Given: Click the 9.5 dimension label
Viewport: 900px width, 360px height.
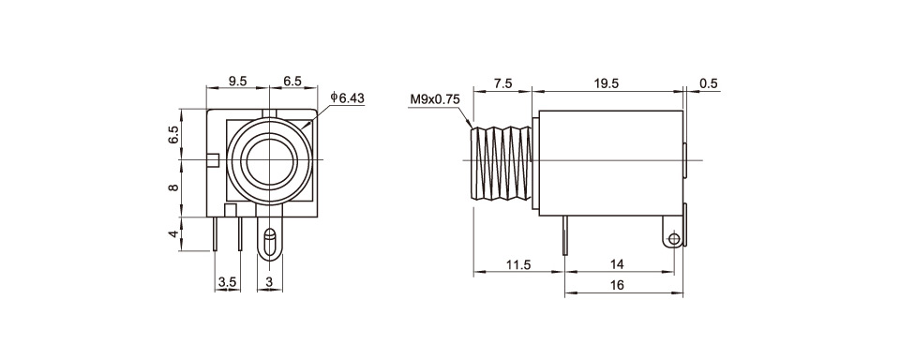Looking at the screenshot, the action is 237,81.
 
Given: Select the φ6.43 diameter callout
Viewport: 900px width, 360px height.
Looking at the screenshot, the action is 347,98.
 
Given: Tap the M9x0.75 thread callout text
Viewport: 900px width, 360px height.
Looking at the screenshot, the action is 435,99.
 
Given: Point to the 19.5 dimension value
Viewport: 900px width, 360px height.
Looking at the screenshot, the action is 607,83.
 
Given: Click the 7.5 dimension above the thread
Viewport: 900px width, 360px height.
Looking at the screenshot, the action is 502,83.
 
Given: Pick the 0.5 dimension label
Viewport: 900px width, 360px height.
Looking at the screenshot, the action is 709,83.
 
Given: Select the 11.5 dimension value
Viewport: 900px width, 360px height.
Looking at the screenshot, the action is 518,264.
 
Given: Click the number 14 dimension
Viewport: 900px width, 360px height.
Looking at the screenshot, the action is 617,264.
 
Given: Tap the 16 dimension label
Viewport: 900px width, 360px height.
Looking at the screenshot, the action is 618,285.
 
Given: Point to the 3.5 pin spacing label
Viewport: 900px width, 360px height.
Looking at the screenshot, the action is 227,282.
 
